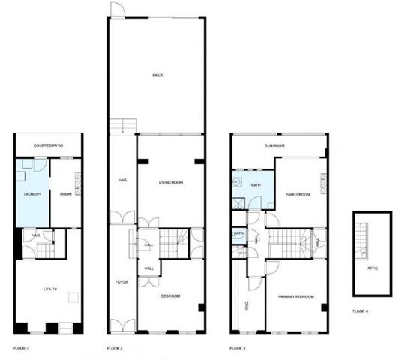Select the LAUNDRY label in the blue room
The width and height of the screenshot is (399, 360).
coord(31,194)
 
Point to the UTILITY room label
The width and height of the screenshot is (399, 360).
coord(50,289)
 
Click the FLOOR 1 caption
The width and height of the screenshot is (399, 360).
coord(21,349)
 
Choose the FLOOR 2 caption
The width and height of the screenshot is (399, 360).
coord(115,349)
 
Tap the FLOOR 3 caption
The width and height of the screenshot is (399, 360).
coord(238,349)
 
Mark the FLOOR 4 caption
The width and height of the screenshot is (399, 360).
coord(361,310)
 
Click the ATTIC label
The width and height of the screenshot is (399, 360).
coord(373,268)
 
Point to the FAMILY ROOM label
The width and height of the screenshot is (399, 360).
coord(298,194)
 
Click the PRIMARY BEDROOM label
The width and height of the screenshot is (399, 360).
coord(295,296)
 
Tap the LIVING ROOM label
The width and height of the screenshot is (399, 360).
coord(171,183)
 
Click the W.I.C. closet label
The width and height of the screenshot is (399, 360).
coord(247,305)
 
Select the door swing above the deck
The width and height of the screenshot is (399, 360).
coord(117,9)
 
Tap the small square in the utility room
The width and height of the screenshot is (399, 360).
coord(72,298)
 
